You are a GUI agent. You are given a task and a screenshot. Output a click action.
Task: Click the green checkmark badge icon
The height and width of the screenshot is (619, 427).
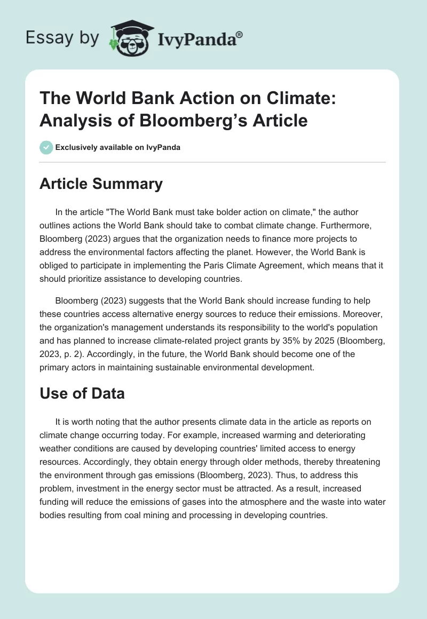46,147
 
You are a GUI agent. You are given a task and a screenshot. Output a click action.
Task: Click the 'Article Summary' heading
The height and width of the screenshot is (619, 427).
101,184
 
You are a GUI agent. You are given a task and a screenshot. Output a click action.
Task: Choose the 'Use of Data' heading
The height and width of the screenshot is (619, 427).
82,394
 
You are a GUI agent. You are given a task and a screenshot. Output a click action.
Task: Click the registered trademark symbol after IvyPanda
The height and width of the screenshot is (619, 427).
240,34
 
